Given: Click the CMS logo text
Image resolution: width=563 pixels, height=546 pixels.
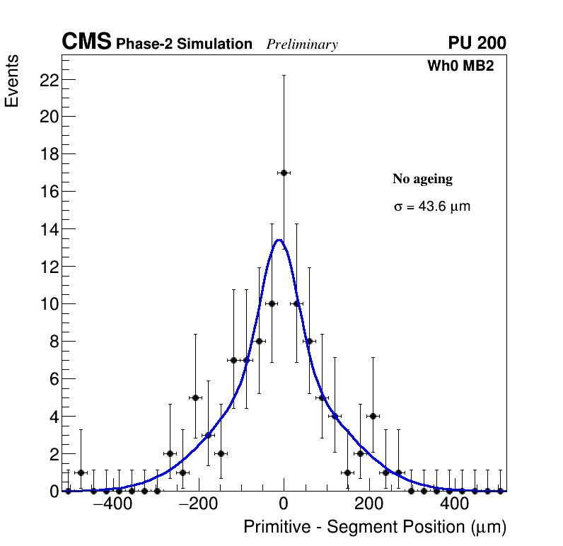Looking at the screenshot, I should pyautogui.click(x=86, y=42).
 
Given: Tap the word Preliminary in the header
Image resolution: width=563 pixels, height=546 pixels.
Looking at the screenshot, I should pyautogui.click(x=302, y=45).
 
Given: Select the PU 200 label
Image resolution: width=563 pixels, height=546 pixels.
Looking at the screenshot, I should pyautogui.click(x=477, y=43).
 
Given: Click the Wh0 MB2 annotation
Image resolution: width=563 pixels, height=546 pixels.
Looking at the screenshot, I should pyautogui.click(x=460, y=66).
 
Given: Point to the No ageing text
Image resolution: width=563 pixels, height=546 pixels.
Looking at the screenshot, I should pyautogui.click(x=422, y=180).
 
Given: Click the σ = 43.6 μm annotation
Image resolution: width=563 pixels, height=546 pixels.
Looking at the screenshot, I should pyautogui.click(x=431, y=207).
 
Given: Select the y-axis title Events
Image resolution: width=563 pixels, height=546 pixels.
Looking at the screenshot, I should pyautogui.click(x=12, y=81).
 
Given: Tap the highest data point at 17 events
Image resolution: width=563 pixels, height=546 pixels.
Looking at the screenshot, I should pyautogui.click(x=284, y=173).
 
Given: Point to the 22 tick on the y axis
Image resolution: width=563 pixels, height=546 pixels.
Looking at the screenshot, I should pyautogui.click(x=48, y=80).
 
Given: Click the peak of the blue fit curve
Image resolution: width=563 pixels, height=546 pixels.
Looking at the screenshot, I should pyautogui.click(x=279, y=240).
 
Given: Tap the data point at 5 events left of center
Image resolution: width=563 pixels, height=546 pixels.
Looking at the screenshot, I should pyautogui.click(x=195, y=397).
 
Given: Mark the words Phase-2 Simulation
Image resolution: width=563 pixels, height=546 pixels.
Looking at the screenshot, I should pyautogui.click(x=184, y=45).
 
